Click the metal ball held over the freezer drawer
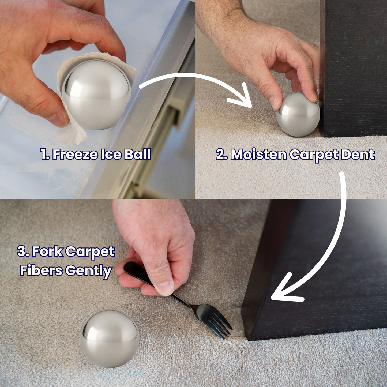tap(96, 95)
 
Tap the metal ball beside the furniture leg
tap(298, 114)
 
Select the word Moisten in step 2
tap(258, 155)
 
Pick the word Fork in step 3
tap(47, 251)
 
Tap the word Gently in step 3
tap(88, 271)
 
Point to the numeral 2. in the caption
tap(221, 155)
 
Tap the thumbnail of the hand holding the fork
tap(165, 288)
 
